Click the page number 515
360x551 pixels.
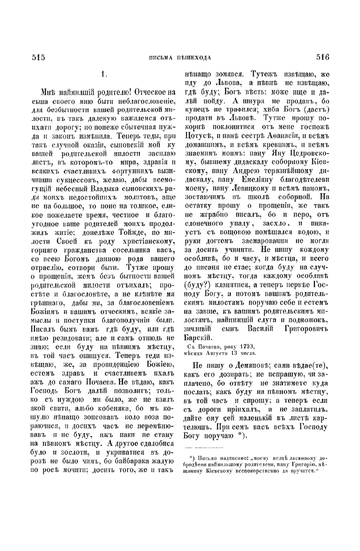[x=38, y=58]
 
